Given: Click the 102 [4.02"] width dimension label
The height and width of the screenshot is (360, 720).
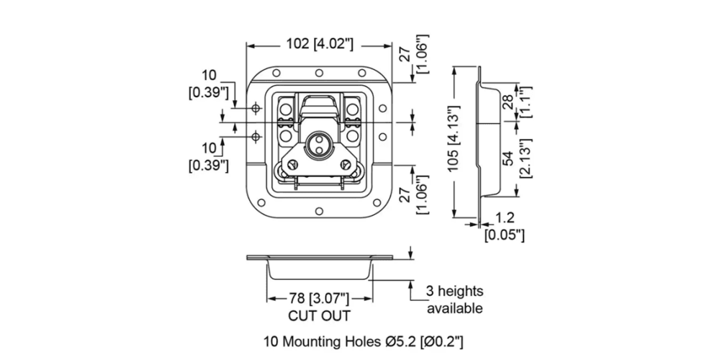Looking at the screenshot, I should (x=320, y=43).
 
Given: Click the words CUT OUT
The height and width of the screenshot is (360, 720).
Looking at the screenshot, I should (x=319, y=316).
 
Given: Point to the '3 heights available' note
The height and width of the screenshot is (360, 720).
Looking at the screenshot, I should (x=455, y=300).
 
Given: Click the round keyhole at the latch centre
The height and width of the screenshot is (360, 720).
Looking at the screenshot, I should (x=317, y=143).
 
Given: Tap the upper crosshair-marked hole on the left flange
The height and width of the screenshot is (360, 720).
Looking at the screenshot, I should (x=256, y=108).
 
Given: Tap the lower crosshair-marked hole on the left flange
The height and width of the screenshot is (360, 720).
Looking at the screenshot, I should (x=256, y=136).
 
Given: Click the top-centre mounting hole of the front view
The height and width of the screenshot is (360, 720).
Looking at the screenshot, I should (x=317, y=73).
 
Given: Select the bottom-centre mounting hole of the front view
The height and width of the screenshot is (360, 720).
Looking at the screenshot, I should (x=317, y=212).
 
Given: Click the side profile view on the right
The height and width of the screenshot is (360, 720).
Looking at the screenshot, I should (x=484, y=144).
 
